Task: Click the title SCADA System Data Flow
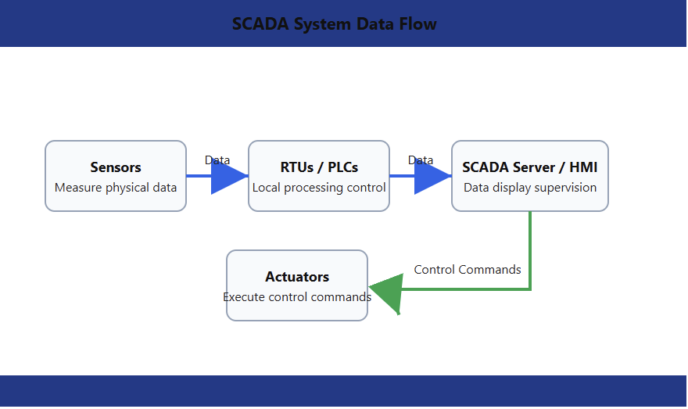tap(335, 24)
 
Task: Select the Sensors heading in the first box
tap(116, 167)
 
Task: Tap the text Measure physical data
tap(116, 188)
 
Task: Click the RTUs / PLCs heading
tap(319, 167)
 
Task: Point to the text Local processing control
tap(319, 188)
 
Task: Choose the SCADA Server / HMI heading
tap(530, 167)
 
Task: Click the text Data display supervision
tap(530, 188)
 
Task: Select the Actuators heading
tap(297, 277)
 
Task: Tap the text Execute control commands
tap(297, 297)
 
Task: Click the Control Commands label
tap(468, 270)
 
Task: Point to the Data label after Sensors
tap(217, 160)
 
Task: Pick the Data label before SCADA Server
tap(421, 160)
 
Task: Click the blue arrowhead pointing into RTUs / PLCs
tap(228, 176)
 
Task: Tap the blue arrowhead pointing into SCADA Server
tap(432, 176)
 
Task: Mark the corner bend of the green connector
tap(531, 289)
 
